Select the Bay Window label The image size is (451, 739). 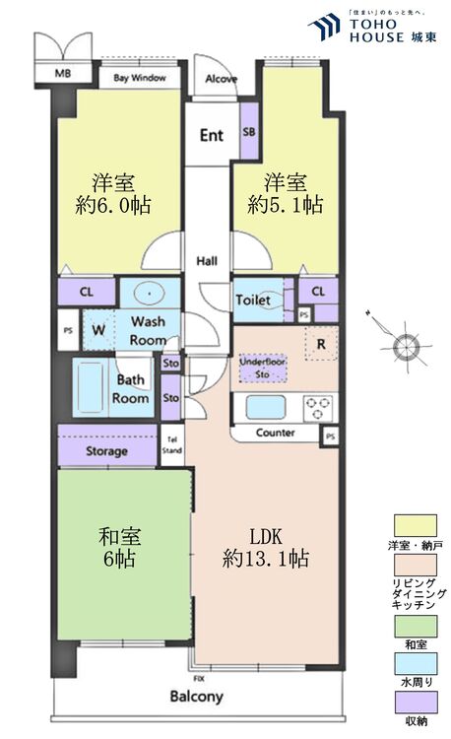coord(139,78)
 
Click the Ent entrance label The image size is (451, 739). coord(212,135)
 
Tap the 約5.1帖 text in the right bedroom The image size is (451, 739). coord(287,205)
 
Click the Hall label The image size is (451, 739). coord(207,261)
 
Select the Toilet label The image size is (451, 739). coord(251,300)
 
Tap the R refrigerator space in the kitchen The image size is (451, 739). coord(320,344)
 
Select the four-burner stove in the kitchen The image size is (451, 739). coord(318,407)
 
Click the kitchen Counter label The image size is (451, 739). coord(275,433)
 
